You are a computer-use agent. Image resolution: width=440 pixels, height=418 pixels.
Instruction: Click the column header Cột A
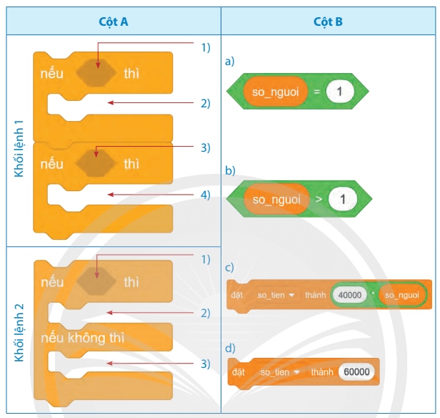114,21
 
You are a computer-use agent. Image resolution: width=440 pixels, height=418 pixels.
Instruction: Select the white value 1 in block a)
340,92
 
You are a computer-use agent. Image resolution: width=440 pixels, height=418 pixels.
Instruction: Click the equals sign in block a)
316,92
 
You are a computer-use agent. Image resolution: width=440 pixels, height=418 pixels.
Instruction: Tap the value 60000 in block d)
356,372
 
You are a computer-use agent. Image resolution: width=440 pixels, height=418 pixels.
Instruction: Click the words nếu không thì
83,337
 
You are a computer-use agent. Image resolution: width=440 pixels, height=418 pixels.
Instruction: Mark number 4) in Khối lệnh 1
206,194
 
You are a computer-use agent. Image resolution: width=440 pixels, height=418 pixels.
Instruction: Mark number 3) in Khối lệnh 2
206,364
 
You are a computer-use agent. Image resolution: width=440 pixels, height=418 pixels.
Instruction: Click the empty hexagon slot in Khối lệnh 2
97,282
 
